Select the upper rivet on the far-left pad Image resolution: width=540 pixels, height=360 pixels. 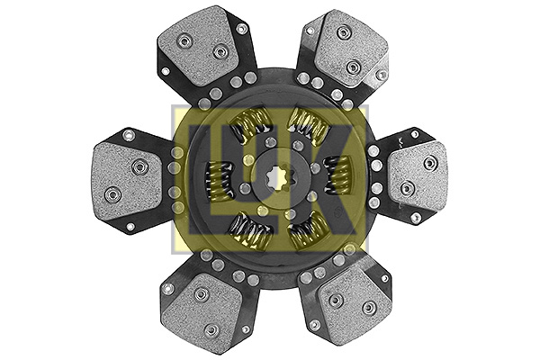coord(139,166)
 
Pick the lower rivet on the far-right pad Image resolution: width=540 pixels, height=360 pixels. coord(407,188)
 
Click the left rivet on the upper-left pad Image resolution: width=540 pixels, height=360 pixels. coord(184,40)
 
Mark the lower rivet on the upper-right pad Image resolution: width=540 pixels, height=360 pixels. coord(354,67)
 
